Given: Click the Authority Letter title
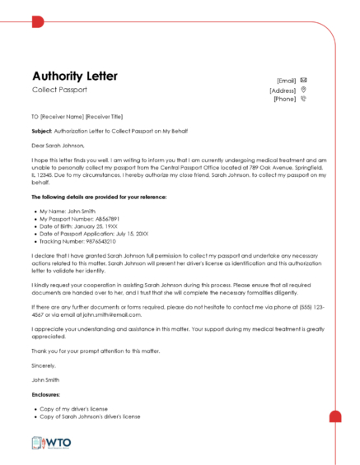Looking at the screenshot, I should click(x=75, y=77).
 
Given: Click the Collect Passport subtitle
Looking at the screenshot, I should click(x=59, y=89).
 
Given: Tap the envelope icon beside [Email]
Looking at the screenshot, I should click(x=304, y=80).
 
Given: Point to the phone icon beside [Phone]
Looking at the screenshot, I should click(x=304, y=99).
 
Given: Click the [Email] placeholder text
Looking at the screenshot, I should click(x=286, y=81).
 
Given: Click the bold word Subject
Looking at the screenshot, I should click(x=41, y=130).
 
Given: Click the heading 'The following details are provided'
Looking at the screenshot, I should click(x=87, y=198).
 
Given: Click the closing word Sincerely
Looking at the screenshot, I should click(x=44, y=365).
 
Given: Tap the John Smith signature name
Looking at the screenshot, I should click(x=46, y=379).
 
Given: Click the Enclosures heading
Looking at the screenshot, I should click(x=47, y=395).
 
